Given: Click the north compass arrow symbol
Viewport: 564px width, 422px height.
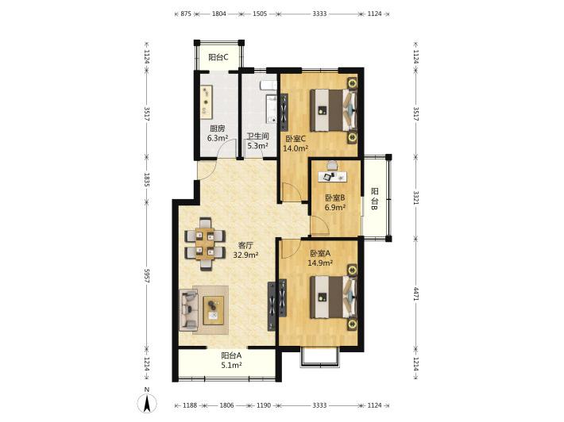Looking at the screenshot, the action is (x=147, y=403).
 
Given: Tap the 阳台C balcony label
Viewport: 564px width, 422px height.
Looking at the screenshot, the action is (x=218, y=57).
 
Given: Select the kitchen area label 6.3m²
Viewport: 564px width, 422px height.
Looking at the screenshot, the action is (x=218, y=137).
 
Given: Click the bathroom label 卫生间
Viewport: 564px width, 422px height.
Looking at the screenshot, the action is (x=258, y=136).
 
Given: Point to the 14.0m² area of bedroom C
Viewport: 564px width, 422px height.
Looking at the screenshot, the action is (x=296, y=148).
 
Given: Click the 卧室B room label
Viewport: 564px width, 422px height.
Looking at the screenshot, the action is (x=335, y=198).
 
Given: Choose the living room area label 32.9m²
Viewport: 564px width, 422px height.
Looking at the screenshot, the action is (x=246, y=255).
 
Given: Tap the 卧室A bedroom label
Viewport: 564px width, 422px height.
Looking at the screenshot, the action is (x=320, y=254).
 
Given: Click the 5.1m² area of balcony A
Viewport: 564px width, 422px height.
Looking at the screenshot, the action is (x=231, y=365).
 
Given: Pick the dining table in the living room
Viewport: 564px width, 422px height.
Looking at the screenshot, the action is (x=205, y=244).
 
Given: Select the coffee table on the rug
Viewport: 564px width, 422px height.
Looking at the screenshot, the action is (x=214, y=310).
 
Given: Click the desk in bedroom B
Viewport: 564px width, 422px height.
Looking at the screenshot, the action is (x=333, y=176).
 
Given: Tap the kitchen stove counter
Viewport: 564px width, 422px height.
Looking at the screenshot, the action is (x=207, y=102).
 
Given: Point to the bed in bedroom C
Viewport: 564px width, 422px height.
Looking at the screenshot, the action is (x=334, y=110).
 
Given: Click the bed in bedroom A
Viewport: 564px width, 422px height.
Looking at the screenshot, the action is (x=334, y=297).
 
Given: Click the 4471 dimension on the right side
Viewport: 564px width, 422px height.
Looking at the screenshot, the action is (x=415, y=294).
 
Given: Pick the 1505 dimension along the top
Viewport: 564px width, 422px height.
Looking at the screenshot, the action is (x=260, y=13).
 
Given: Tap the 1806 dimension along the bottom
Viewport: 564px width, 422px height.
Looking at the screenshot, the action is (x=226, y=405).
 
